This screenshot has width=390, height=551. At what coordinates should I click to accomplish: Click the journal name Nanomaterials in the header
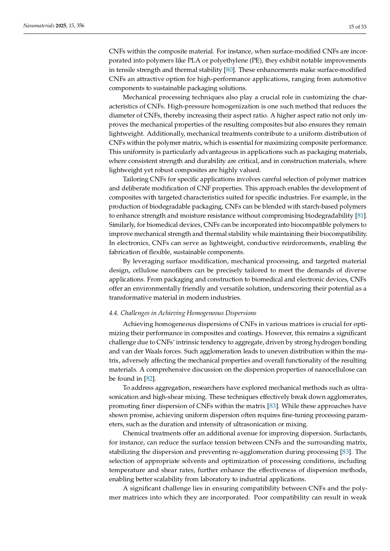39,26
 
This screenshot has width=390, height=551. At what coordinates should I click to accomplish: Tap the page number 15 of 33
358,27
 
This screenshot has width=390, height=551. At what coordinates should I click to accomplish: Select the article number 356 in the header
80,26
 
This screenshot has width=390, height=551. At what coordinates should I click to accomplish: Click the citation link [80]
229,70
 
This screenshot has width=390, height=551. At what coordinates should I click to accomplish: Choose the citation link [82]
149,379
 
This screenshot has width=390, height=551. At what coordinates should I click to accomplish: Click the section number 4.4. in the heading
114,313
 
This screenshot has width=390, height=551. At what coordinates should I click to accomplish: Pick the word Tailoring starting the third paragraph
135,179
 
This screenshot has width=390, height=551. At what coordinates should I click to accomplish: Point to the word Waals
154,351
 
